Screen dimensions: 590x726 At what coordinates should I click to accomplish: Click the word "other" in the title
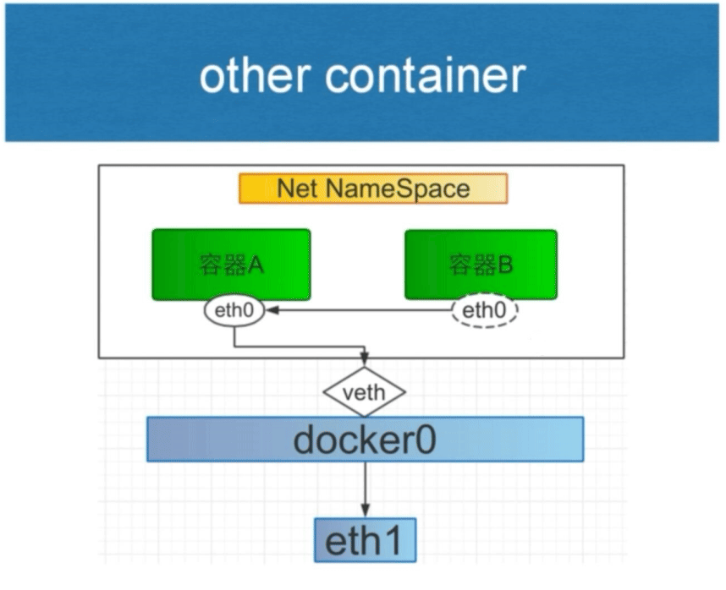point(255,76)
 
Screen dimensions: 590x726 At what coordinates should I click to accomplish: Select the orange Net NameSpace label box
point(373,188)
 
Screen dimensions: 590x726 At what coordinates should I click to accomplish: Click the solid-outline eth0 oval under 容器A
point(233,311)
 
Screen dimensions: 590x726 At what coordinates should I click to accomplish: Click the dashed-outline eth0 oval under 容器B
point(484,311)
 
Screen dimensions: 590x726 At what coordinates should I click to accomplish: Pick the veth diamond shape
point(365,392)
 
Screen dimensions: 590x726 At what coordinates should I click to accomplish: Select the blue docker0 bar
point(365,440)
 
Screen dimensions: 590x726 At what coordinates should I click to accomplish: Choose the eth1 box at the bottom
point(365,540)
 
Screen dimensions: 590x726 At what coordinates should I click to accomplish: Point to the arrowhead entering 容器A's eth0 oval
point(271,311)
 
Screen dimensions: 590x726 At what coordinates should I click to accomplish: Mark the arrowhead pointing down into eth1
point(365,511)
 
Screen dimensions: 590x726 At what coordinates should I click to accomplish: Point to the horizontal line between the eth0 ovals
point(364,311)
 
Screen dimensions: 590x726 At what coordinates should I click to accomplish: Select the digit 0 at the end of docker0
point(425,440)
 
